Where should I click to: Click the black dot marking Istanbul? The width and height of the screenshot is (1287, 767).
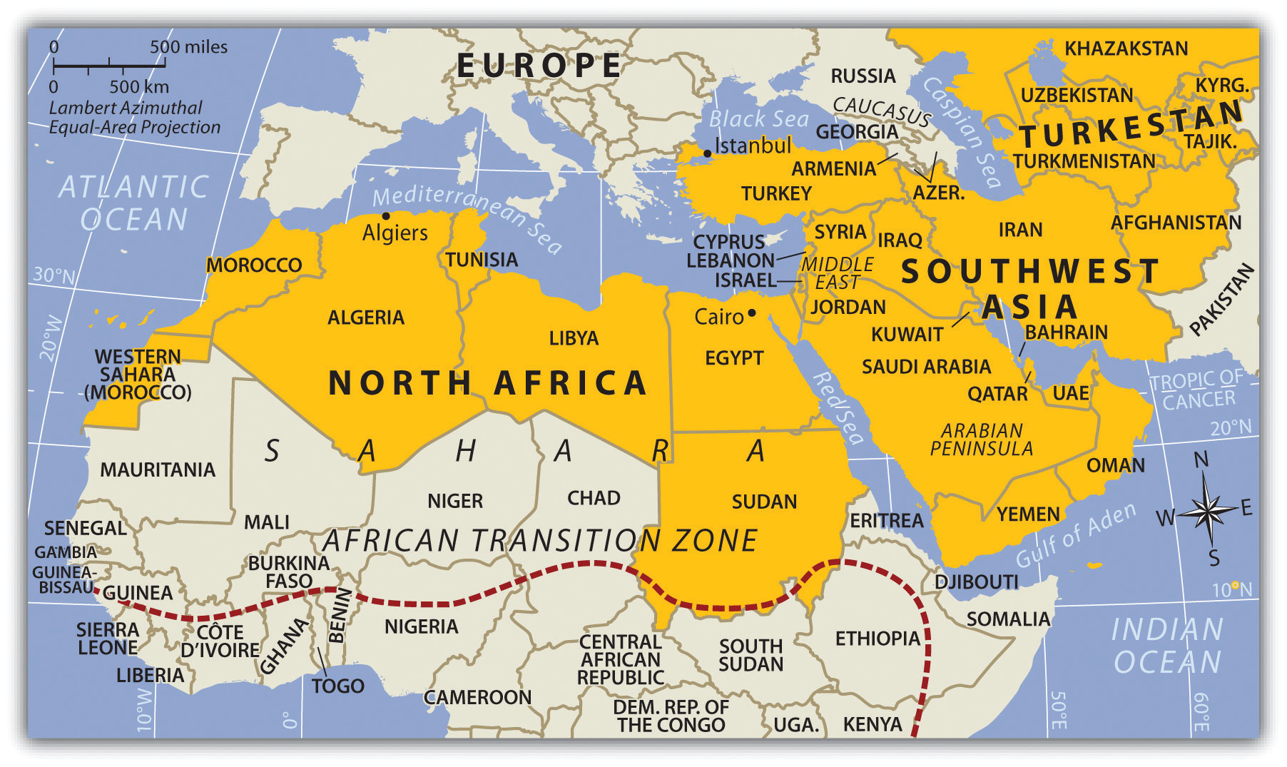click(707, 153)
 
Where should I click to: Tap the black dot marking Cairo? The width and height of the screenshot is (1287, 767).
click(752, 313)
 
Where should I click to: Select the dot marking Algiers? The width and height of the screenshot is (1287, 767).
click(386, 215)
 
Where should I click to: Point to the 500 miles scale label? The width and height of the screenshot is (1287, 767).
click(188, 47)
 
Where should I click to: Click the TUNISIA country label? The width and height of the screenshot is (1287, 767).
click(482, 260)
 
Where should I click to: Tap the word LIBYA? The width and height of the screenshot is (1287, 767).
click(574, 338)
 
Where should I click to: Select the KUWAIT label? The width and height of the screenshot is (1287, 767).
click(907, 335)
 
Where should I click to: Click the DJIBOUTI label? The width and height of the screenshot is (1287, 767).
click(976, 582)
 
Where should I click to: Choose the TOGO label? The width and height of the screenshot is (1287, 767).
click(337, 686)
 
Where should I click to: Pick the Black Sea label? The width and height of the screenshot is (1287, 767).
click(758, 118)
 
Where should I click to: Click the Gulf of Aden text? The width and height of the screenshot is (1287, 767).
click(1075, 535)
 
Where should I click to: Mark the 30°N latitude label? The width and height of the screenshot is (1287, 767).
click(54, 275)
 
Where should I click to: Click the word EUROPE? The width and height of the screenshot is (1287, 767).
click(539, 66)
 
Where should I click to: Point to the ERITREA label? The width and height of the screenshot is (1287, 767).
click(886, 521)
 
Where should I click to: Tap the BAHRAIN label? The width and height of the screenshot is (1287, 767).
click(1066, 332)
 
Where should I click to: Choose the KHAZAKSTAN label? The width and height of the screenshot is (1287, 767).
click(1126, 49)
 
